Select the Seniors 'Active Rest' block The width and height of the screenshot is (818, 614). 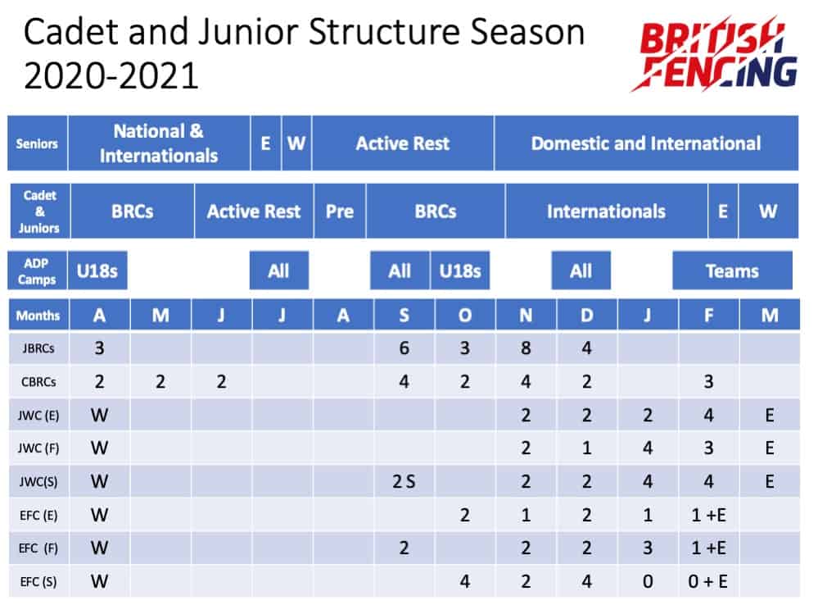[402, 143]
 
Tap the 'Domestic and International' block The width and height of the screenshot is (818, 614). [645, 143]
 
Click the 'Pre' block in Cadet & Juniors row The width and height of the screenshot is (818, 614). [339, 211]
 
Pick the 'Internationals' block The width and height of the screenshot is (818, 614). [606, 211]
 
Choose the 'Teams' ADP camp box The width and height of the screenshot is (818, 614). [732, 271]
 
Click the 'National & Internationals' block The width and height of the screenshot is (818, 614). [159, 143]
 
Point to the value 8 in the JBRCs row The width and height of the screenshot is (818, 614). [526, 348]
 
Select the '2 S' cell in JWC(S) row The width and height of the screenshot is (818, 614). [404, 481]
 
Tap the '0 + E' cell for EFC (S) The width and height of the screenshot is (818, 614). [708, 581]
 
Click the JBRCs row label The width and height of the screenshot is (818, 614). [38, 348]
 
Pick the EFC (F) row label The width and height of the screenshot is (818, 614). [38, 548]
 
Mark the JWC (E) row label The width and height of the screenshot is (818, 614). [38, 415]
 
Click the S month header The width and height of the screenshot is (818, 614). [404, 315]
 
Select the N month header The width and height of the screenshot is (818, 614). [526, 315]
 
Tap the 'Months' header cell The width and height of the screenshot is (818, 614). [38, 315]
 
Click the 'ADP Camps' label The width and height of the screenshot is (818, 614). [38, 271]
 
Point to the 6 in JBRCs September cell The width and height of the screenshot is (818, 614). [404, 348]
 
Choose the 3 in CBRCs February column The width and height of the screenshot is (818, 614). [708, 382]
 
